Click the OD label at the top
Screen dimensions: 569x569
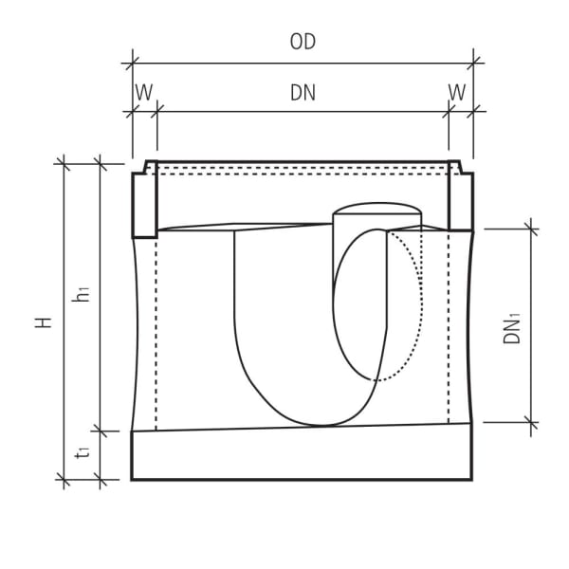pos(303,43)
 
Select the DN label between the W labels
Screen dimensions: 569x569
pos(303,92)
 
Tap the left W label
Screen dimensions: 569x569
pos(143,92)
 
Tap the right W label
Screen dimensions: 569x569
pos(457,92)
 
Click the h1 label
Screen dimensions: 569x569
pos(83,295)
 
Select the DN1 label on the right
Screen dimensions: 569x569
pos(512,326)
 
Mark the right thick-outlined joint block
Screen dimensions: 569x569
pos(459,203)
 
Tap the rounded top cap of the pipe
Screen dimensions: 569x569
pos(376,209)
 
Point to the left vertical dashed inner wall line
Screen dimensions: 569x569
pos(156,332)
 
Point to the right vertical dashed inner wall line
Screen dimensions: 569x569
pos(448,332)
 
